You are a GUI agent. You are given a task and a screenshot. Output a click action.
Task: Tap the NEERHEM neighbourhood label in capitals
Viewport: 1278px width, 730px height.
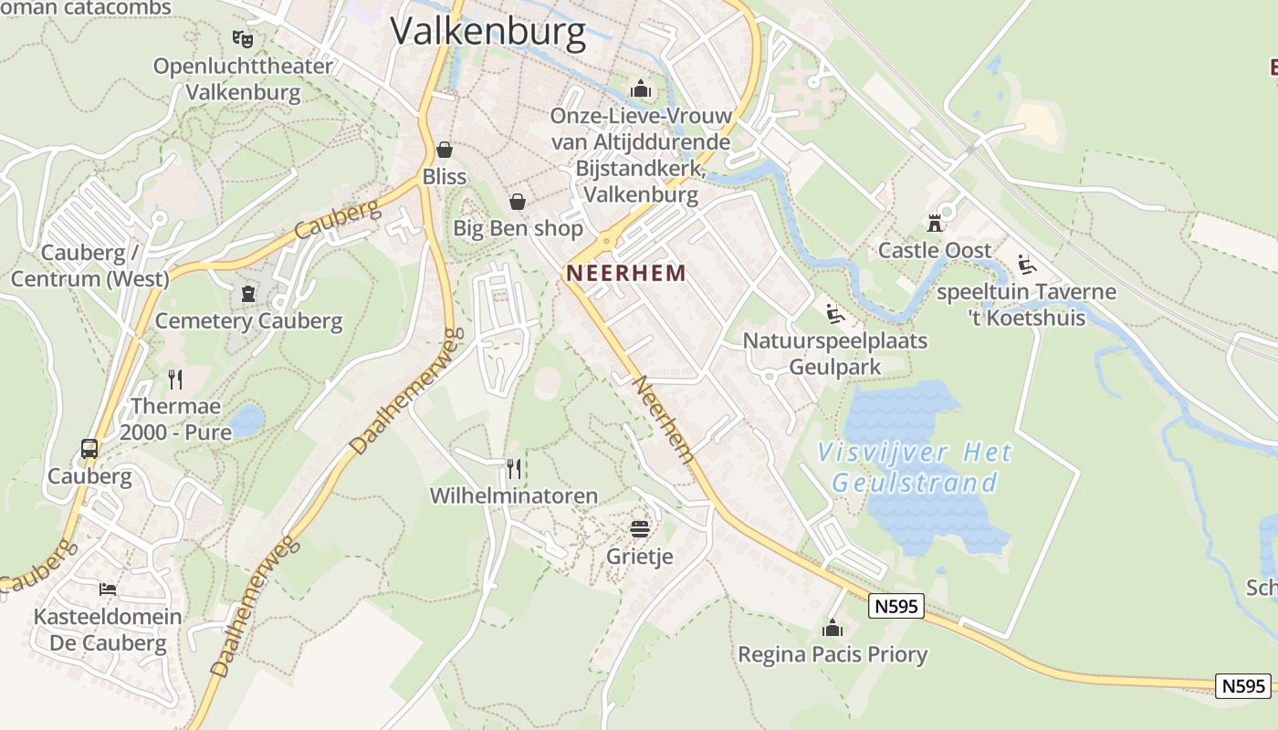click(625, 272)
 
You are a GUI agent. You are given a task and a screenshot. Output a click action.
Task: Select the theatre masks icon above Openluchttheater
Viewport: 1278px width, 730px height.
click(242, 39)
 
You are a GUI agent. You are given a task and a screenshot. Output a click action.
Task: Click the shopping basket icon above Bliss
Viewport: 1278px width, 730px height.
click(445, 149)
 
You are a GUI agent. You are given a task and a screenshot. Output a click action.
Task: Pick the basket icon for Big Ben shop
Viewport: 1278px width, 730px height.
click(518, 201)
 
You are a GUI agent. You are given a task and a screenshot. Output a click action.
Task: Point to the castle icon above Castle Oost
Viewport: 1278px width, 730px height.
click(934, 222)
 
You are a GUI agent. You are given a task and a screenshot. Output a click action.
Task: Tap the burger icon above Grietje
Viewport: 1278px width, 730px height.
click(639, 529)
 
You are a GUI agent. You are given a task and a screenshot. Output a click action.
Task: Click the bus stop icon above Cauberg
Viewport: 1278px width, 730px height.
click(89, 448)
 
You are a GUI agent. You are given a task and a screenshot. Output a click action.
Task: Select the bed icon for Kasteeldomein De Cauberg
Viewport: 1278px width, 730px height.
click(108, 589)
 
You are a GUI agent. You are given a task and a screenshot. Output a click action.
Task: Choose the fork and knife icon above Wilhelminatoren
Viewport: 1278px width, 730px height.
click(514, 469)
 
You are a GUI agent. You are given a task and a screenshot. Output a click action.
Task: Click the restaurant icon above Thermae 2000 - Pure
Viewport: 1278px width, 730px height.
click(175, 379)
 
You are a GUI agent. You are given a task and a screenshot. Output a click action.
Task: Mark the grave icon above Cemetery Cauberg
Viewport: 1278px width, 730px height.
click(247, 293)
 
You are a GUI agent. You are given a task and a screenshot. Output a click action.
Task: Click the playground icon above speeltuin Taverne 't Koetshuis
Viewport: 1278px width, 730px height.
click(1027, 265)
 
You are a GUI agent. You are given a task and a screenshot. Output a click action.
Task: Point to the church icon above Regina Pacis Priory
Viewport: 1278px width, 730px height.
click(832, 628)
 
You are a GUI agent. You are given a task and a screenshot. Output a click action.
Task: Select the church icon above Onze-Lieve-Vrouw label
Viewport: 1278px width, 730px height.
click(641, 89)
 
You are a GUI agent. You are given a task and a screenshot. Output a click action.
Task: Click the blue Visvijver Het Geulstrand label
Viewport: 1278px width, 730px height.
click(916, 466)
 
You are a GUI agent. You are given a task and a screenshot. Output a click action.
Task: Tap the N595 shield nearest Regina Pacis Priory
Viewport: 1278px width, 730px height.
click(896, 605)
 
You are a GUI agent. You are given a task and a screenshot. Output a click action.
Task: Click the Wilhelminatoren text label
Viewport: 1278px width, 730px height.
click(514, 496)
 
